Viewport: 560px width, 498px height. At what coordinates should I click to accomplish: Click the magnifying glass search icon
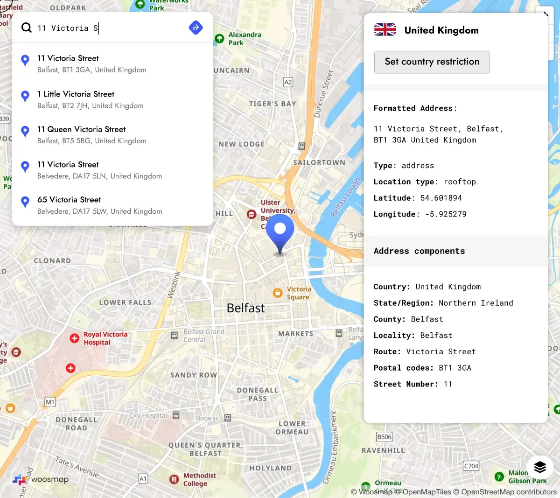(27, 28)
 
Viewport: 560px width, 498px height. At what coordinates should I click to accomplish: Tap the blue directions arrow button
(196, 28)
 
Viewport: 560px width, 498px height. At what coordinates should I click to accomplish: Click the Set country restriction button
(432, 62)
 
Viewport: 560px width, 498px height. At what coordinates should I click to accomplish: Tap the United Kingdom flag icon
(385, 30)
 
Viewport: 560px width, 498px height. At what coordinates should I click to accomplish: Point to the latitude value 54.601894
(441, 198)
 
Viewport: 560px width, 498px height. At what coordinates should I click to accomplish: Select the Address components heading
(419, 251)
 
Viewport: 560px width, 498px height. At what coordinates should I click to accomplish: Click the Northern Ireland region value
(476, 303)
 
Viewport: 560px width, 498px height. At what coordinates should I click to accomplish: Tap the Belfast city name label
(245, 308)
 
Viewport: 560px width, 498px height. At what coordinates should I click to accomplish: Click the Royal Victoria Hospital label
(105, 338)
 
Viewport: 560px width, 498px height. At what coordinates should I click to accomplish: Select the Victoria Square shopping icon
(278, 293)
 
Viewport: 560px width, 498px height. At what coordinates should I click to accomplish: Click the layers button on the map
(540, 467)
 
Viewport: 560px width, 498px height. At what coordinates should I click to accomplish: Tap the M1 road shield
(50, 402)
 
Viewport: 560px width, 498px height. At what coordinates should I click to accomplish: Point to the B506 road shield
(384, 437)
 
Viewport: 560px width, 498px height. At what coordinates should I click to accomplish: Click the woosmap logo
(41, 479)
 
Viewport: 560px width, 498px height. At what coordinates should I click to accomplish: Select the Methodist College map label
(199, 479)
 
